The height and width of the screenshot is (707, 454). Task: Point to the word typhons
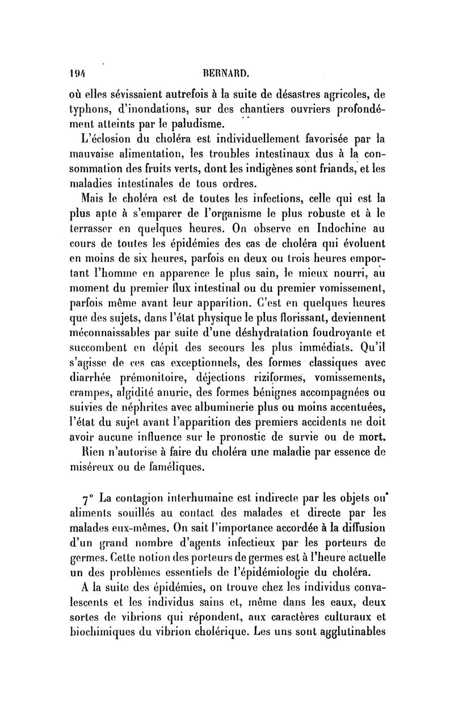[x=89, y=108]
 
